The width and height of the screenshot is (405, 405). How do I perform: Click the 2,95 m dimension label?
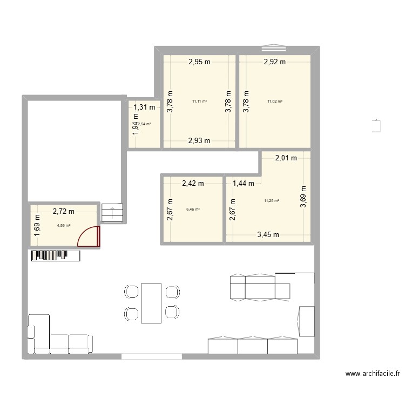[199, 62]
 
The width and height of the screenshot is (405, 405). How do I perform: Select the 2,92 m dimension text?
[274, 62]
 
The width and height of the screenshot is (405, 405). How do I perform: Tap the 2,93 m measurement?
[199, 141]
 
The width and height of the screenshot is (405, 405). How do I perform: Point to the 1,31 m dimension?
[144, 107]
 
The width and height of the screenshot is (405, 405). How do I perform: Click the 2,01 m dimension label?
[286, 158]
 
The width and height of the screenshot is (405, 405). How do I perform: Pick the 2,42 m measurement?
[193, 183]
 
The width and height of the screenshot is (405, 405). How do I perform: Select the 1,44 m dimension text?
[243, 183]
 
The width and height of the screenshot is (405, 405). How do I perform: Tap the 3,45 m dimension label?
[268, 234]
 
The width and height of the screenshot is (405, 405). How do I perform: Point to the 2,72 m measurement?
[63, 212]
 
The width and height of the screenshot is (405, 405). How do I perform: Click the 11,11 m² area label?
[199, 101]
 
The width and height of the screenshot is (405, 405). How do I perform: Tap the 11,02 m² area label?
[275, 101]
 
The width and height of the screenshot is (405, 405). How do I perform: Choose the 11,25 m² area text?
[271, 201]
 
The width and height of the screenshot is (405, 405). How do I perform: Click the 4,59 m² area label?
[63, 226]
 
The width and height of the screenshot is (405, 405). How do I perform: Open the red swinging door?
[89, 238]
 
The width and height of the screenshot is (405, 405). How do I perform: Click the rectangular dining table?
[151, 302]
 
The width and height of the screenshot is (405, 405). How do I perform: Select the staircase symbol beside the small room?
[112, 213]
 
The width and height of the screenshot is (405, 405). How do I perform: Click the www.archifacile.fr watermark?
[372, 374]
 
